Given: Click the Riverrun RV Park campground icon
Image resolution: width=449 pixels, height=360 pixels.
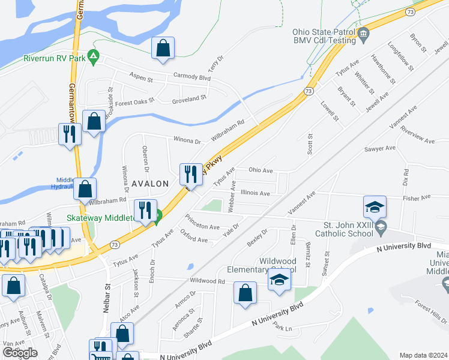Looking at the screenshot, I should pos(93,58).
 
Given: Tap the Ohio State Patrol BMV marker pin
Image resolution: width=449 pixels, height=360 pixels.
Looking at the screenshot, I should pos(364,36).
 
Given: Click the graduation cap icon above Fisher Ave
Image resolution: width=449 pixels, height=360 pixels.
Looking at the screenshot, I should pos(375,207).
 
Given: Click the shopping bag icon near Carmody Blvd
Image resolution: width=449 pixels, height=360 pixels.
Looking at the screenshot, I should pos(163,49).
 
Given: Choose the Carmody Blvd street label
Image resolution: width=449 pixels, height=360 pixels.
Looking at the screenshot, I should pos(192,78).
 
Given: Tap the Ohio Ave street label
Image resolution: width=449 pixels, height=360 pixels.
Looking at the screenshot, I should pos(261,170).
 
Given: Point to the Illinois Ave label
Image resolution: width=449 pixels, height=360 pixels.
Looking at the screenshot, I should pos(255,193).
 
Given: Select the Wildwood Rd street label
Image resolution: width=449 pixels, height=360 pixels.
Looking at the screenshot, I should pos(206,280).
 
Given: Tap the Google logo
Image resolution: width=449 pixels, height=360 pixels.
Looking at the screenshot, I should pos(20,352).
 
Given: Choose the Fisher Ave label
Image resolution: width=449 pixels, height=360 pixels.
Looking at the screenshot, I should pos(417,197).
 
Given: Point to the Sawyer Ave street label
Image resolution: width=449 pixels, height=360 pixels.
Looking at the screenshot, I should pos(379,148).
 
